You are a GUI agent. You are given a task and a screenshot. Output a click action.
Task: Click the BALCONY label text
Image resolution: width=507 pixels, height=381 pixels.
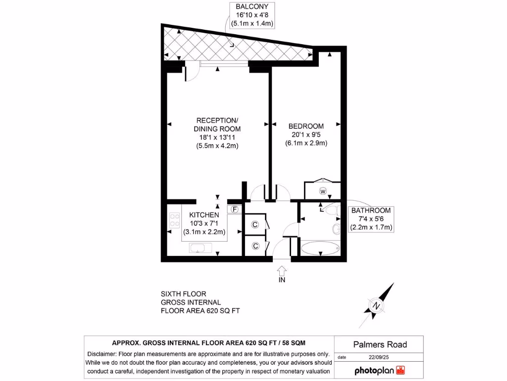point(252,7)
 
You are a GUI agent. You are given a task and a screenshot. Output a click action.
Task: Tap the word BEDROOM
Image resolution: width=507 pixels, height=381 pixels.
point(305,126)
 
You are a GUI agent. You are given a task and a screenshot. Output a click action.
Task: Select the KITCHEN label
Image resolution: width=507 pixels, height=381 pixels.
point(204,215)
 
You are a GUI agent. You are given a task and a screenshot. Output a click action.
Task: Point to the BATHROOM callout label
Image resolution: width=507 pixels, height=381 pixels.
point(371,210)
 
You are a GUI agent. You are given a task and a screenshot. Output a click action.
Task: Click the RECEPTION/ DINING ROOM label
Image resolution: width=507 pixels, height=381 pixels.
point(217,125)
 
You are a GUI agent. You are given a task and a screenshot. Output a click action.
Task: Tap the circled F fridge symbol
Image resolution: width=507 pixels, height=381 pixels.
point(235,209)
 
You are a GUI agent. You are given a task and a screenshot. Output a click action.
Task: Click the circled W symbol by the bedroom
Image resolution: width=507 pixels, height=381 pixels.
point(322,191)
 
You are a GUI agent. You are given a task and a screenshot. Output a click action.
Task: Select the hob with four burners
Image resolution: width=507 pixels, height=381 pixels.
point(174,220)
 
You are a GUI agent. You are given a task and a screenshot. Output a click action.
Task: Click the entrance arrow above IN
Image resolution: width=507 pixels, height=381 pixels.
point(282,270)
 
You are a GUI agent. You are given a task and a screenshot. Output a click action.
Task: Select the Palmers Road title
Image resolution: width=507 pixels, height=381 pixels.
point(380,344)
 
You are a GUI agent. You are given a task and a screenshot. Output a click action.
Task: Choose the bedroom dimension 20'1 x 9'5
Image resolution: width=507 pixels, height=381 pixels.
point(305,134)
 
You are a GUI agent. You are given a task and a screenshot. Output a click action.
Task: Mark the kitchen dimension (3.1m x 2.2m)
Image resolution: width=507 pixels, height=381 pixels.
point(204,232)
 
